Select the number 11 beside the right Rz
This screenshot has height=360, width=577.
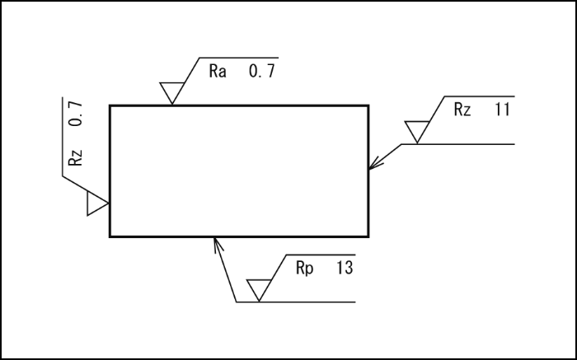(502, 110)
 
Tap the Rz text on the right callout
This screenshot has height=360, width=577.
(462, 110)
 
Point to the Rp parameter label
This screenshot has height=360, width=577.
(304, 269)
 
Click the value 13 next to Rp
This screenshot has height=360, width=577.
(345, 269)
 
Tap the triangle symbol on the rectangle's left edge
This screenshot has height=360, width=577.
(97, 203)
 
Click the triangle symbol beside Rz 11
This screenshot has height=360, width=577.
(417, 130)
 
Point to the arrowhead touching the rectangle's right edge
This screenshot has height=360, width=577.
(373, 166)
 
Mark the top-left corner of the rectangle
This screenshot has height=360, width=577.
(110, 105)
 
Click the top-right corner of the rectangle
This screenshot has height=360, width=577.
(368, 105)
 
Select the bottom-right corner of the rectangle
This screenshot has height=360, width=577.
(368, 236)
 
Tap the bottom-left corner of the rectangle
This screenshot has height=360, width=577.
(110, 236)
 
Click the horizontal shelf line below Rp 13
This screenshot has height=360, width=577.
(313, 302)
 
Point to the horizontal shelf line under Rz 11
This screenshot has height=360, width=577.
(470, 144)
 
